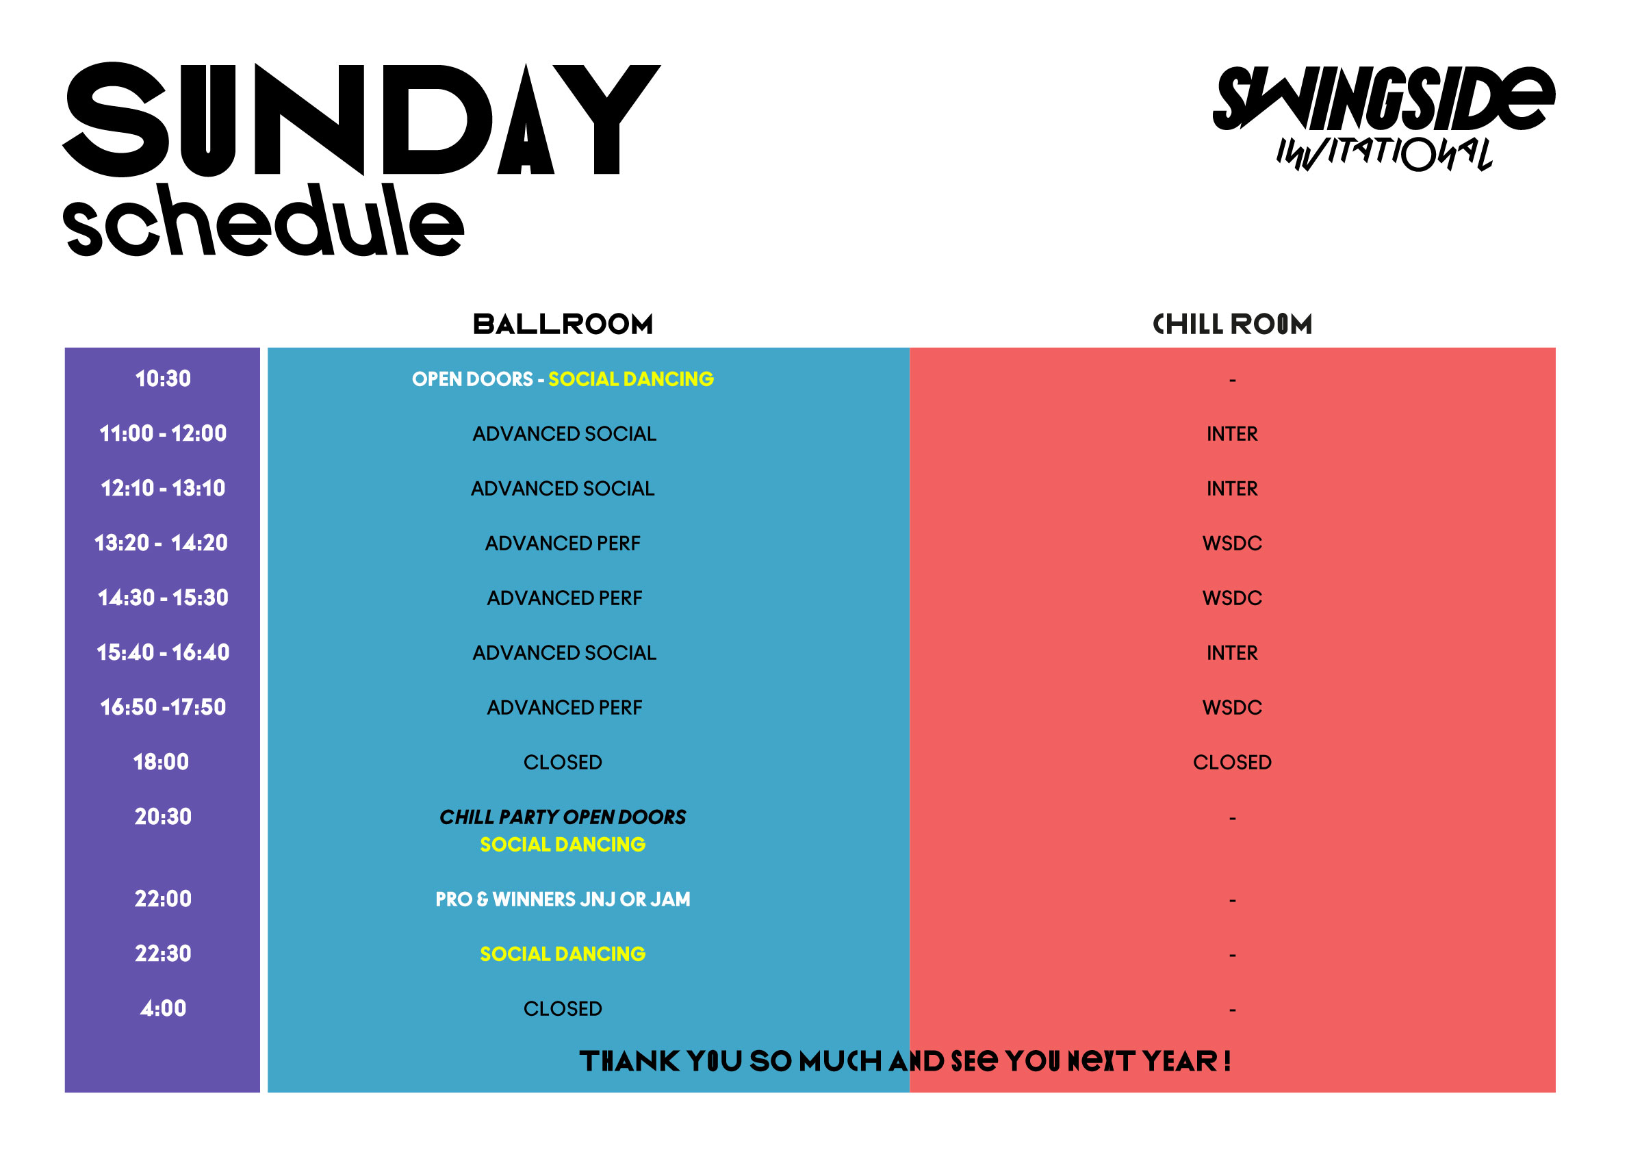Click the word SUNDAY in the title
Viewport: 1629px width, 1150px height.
[x=362, y=119]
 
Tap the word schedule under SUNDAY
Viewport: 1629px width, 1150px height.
[x=264, y=220]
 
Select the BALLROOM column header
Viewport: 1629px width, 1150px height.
[x=563, y=324]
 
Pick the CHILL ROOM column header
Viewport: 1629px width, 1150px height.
[x=1233, y=324]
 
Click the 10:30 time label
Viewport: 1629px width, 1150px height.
[x=163, y=379]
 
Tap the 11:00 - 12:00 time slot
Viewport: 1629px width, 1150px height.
[x=163, y=433]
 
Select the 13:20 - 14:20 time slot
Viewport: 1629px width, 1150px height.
[x=162, y=544]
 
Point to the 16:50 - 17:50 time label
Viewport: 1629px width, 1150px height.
[x=163, y=707]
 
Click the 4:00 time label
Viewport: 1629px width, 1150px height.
[x=163, y=1008]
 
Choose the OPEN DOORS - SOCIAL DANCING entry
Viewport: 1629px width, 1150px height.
[x=563, y=379]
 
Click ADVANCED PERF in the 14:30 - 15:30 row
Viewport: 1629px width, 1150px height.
[x=564, y=598]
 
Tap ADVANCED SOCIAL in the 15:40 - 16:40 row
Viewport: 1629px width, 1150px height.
[x=564, y=652]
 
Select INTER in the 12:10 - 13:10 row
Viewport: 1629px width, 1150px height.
[x=1233, y=489]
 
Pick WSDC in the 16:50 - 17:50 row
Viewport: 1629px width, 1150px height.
[x=1233, y=707]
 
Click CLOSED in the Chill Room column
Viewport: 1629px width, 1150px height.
[x=1233, y=762]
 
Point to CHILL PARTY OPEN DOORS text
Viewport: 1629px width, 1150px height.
[x=563, y=817]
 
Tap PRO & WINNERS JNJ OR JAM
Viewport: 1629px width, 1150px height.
[x=563, y=899]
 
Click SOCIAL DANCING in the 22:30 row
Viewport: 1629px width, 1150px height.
[x=563, y=954]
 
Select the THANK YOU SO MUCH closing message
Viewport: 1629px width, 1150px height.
[x=906, y=1061]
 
